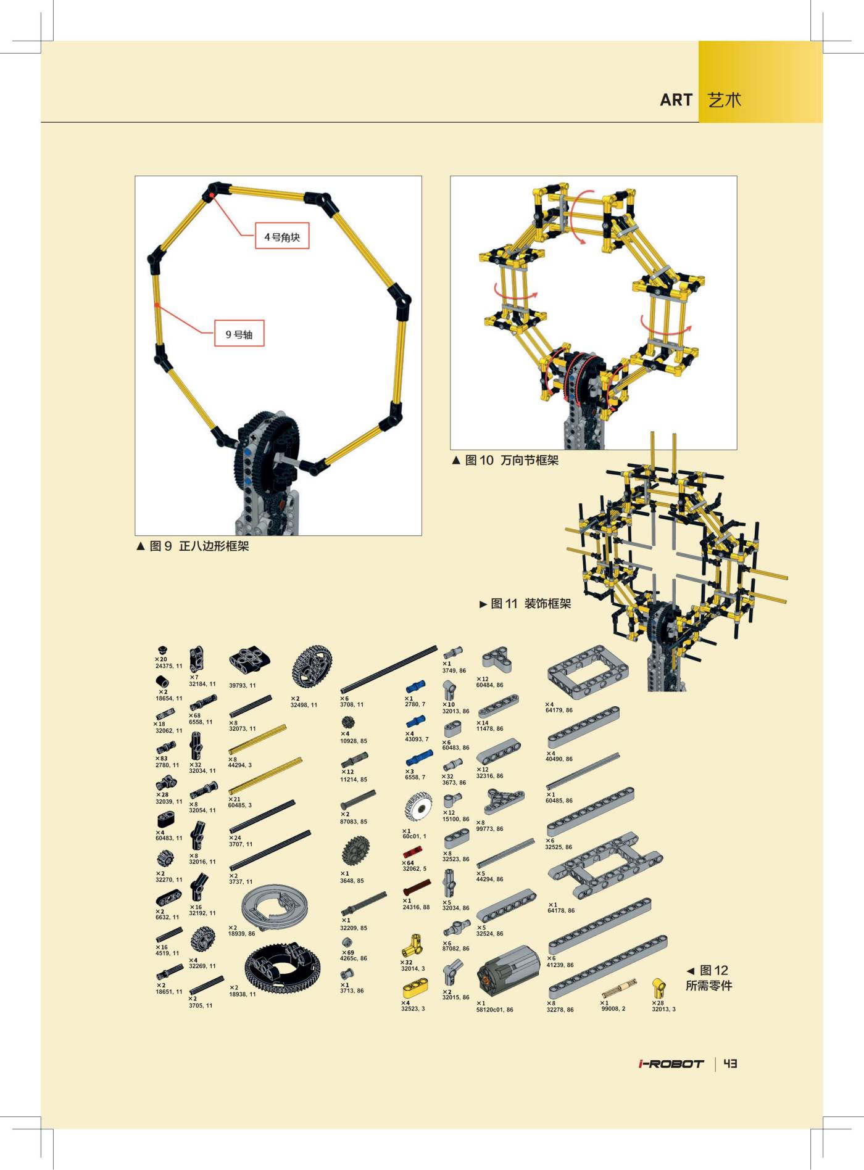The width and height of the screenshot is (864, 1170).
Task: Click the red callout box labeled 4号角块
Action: pyautogui.click(x=282, y=237)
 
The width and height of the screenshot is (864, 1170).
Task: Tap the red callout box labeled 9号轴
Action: pyautogui.click(x=239, y=334)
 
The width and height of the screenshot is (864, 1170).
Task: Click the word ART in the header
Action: pyautogui.click(x=676, y=100)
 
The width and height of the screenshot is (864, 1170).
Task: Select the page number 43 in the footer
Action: pyautogui.click(x=730, y=1063)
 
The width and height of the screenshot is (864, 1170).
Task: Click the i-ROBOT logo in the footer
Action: pyautogui.click(x=671, y=1064)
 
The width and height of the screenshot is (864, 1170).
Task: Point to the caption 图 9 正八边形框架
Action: pyautogui.click(x=193, y=546)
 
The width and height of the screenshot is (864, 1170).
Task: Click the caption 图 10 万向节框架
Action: pyautogui.click(x=505, y=460)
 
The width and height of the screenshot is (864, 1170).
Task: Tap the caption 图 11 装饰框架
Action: pyautogui.click(x=526, y=604)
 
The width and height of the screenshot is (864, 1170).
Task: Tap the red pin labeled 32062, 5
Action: pyautogui.click(x=412, y=854)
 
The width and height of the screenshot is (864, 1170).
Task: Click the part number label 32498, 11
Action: pyautogui.click(x=304, y=705)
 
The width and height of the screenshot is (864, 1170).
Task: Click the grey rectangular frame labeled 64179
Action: pyautogui.click(x=588, y=672)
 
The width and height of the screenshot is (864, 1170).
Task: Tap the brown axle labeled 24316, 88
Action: pyautogui.click(x=417, y=888)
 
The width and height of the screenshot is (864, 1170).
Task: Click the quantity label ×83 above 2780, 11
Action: pyautogui.click(x=162, y=759)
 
